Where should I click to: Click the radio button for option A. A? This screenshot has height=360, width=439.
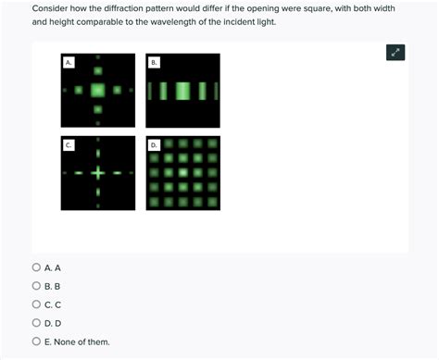[x=36, y=267]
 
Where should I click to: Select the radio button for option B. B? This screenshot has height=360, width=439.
[x=36, y=286]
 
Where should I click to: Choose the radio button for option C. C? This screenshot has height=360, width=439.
[x=36, y=304]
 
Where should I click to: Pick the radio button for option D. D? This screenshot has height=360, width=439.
[x=36, y=323]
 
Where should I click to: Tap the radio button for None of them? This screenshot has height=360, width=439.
[x=36, y=341]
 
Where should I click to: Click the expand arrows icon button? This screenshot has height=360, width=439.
[x=395, y=53]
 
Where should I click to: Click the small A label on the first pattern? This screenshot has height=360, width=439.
[x=69, y=62]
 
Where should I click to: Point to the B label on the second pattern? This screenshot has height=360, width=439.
[x=155, y=62]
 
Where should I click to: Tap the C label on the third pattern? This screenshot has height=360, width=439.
[x=69, y=145]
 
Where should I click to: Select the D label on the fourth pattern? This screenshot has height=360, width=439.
[x=155, y=145]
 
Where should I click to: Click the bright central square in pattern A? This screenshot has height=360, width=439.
[x=97, y=91]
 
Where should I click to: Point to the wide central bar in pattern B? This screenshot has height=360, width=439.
[x=183, y=91]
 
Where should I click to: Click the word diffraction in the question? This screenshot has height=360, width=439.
[x=141, y=7]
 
